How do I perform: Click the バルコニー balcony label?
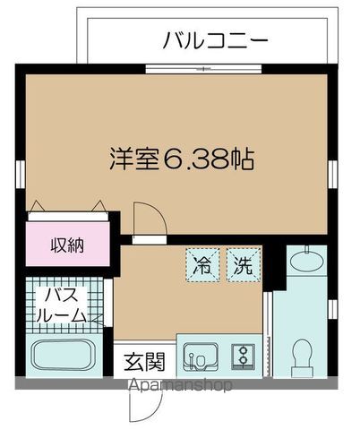click(216, 40)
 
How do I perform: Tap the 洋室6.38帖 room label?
click(178, 160)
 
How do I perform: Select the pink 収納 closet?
click(67, 244)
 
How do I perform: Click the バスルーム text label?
click(60, 305)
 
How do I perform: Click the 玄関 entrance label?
click(143, 363)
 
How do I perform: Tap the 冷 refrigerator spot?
click(202, 265)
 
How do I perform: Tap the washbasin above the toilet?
click(304, 262)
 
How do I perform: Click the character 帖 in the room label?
click(241, 160)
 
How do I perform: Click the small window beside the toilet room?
click(331, 309)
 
